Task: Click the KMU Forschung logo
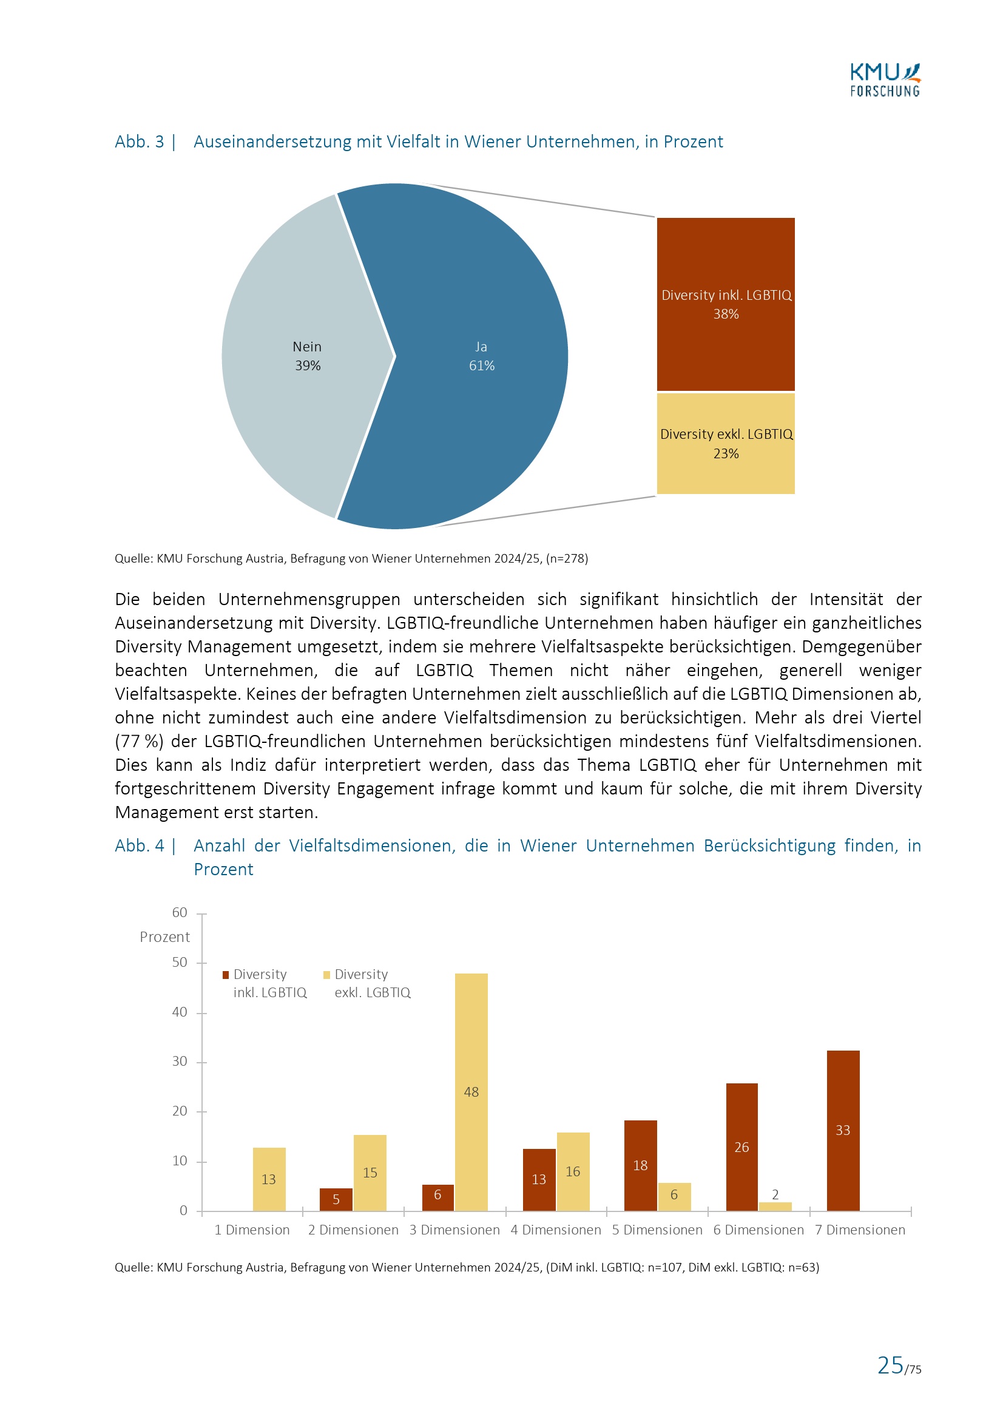[x=884, y=80]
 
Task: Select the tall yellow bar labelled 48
[x=471, y=1051]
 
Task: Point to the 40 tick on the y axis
[x=180, y=1012]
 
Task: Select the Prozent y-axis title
[x=164, y=937]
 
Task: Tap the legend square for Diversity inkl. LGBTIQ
[x=226, y=975]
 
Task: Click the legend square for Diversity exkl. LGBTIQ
[x=327, y=975]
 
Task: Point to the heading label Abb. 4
[x=140, y=845]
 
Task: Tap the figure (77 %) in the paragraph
[x=139, y=741]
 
